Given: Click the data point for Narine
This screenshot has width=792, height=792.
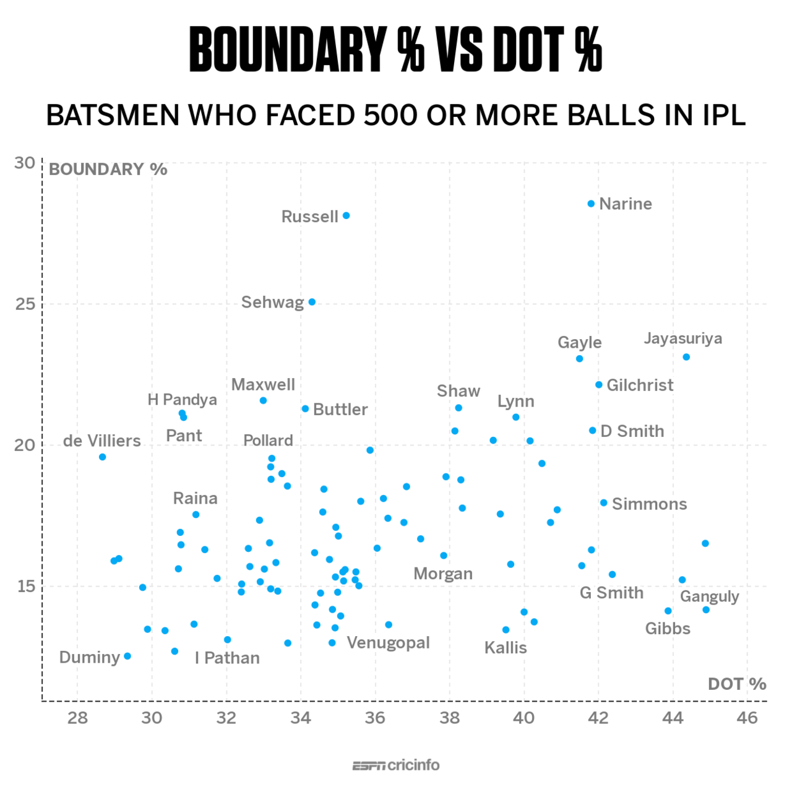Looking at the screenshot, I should coord(591,204).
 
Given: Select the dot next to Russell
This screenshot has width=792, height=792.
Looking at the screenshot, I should coord(346,215).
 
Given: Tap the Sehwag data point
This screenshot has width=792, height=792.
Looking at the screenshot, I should coord(312,302).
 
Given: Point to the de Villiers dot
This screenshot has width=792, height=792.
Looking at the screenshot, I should coord(103,457).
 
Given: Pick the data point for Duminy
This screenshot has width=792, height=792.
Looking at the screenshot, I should coord(127,656).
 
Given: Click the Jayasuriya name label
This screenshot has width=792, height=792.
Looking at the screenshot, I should coord(682,338).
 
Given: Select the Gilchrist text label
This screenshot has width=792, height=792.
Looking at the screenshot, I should coord(640,385).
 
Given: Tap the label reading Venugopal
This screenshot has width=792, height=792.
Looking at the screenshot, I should coord(388,642).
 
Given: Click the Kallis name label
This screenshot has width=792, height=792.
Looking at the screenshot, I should coord(506,648).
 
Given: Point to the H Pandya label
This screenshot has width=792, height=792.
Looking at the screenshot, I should coord(182,400).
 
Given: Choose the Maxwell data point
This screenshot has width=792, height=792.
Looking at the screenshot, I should coord(263,400).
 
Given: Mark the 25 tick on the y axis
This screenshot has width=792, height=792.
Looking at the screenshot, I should coord(25,304).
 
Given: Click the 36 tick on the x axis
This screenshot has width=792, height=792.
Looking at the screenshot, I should coord(375,717).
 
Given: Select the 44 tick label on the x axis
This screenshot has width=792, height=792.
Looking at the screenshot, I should coord(673,717).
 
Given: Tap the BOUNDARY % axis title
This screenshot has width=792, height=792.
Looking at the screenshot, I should coord(108,170).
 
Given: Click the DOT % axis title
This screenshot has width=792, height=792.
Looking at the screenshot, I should coord(736,684).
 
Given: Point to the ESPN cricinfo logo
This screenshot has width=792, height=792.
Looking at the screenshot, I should coord(396,765).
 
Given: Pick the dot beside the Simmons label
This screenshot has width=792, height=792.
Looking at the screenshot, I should coord(603,502).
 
